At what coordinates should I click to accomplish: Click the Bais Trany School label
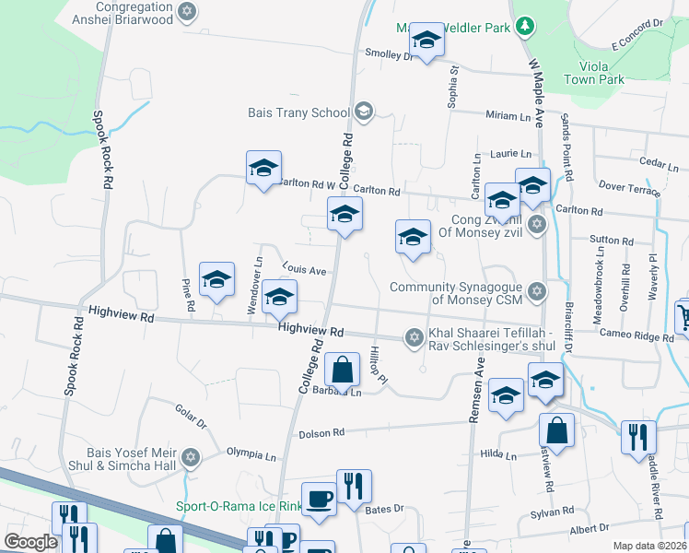tap(298, 112)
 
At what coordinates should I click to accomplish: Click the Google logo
tap(30, 542)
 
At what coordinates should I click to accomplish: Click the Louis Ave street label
tap(305, 271)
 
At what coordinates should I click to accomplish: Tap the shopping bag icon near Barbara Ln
tap(342, 370)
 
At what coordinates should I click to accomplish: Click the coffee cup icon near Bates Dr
tap(319, 499)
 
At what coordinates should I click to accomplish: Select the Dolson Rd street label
tap(321, 432)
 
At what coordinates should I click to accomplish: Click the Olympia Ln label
tap(251, 455)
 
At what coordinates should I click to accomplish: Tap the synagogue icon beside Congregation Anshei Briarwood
tap(188, 12)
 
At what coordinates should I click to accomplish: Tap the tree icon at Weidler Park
tap(524, 26)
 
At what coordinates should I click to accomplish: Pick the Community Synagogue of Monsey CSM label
tap(456, 293)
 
